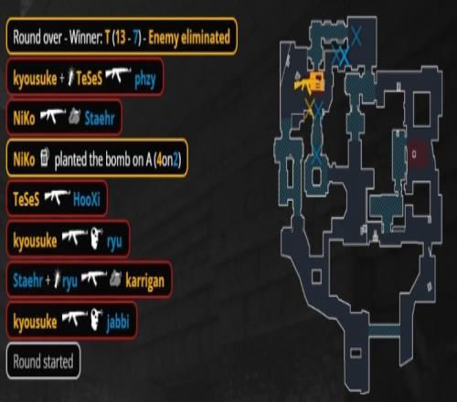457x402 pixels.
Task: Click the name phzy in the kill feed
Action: pyautogui.click(x=145, y=79)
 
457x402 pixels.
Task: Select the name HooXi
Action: pyautogui.click(x=87, y=200)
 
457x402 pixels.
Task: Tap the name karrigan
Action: pyautogui.click(x=144, y=281)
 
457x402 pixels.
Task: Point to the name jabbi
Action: pyautogui.click(x=118, y=323)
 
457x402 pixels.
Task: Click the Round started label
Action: pyautogui.click(x=43, y=362)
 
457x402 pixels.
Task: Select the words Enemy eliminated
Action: pyautogui.click(x=189, y=37)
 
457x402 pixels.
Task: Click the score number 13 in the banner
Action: pyautogui.click(x=121, y=37)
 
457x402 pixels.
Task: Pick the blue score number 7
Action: pyautogui.click(x=135, y=37)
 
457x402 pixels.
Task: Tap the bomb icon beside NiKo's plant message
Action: pyautogui.click(x=45, y=157)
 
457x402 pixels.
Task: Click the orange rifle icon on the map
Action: pyautogui.click(x=309, y=83)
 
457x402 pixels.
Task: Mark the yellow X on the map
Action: pyautogui.click(x=309, y=109)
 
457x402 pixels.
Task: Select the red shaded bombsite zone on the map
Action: pyautogui.click(x=420, y=153)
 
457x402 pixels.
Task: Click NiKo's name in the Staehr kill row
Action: pyautogui.click(x=24, y=118)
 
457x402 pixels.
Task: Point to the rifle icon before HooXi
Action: pyautogui.click(x=57, y=197)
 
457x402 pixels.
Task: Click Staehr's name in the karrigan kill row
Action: pyautogui.click(x=27, y=280)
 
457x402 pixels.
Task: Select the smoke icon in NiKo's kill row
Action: pyautogui.click(x=75, y=117)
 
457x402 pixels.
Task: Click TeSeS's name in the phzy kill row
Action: pyautogui.click(x=89, y=79)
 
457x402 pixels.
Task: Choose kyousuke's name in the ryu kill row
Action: pyautogui.click(x=35, y=240)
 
